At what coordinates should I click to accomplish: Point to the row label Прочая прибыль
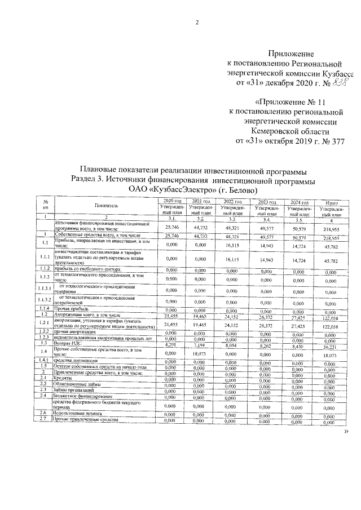pos(72,310)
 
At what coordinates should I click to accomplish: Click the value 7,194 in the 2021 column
pos(201,343)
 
